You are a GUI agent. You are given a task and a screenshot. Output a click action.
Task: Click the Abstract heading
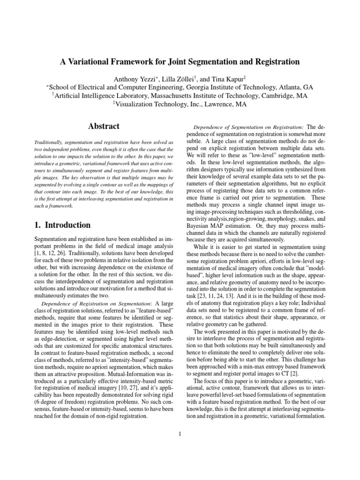pos(104,126)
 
